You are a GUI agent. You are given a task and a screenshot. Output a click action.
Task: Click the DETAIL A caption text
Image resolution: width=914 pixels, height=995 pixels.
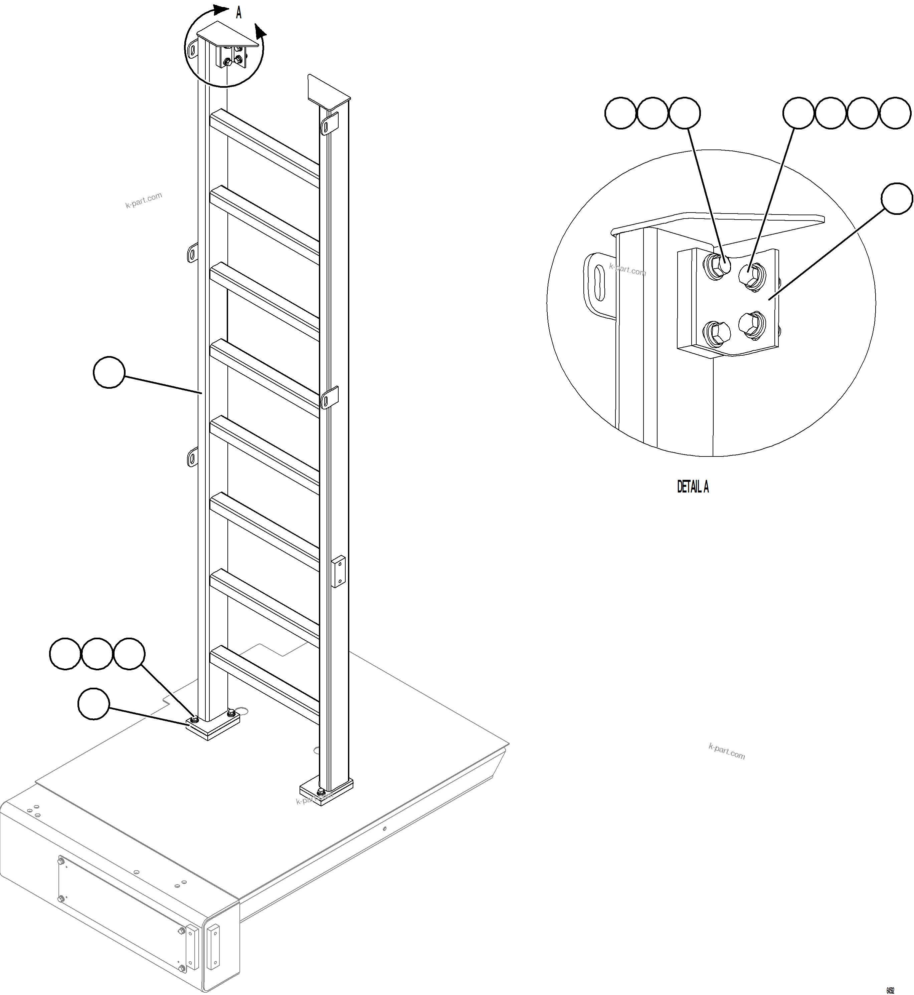click(692, 487)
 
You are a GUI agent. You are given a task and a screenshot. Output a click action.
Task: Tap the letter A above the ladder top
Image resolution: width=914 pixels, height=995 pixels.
click(238, 13)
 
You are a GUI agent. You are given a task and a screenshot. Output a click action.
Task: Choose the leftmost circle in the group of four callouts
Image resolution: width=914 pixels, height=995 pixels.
click(798, 113)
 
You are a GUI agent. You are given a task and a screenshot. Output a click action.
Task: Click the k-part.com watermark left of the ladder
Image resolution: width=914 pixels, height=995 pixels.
click(144, 200)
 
